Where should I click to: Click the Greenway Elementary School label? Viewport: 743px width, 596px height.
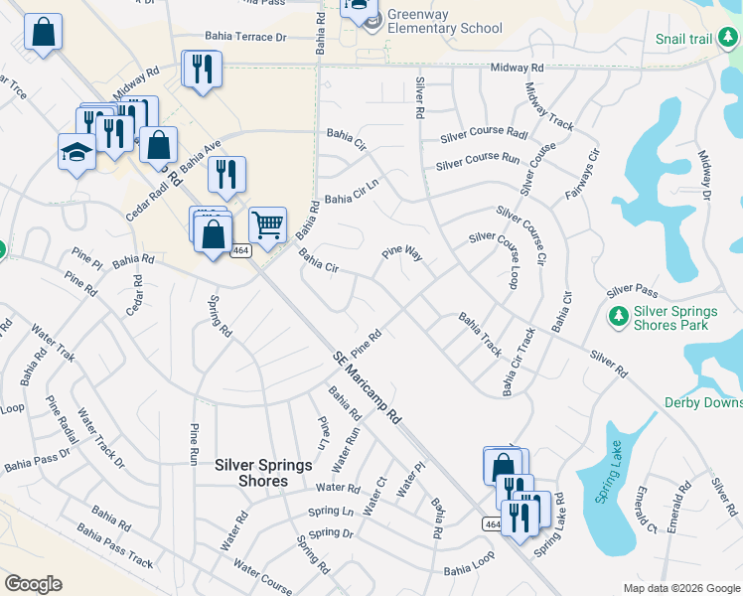(445, 22)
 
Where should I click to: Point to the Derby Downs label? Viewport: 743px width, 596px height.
(703, 402)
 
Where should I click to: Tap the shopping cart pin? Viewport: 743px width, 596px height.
(267, 225)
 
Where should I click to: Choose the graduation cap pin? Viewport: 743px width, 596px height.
(76, 152)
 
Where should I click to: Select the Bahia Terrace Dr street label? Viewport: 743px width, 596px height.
(244, 37)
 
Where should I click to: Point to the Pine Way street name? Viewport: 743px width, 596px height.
(403, 255)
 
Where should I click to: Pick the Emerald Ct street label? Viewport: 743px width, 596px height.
(647, 509)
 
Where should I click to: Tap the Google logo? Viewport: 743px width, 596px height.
(34, 584)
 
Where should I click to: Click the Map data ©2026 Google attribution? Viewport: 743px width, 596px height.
(680, 587)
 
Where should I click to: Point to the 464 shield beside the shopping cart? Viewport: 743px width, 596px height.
(240, 252)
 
